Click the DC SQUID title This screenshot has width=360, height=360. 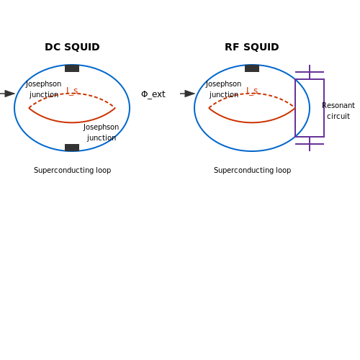72,47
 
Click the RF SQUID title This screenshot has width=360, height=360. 252,47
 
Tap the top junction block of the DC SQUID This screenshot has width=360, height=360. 72,68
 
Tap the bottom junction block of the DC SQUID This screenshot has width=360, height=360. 72,148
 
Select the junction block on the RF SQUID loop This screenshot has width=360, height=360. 252,68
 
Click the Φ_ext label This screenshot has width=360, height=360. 153,94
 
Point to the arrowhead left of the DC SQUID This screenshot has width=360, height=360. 9,94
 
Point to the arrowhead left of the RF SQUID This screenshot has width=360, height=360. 189,94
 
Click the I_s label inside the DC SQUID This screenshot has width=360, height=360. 72,91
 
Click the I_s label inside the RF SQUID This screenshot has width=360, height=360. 252,91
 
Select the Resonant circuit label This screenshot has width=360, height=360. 338,111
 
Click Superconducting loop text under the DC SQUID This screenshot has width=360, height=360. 72,170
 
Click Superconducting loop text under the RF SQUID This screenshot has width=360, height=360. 252,170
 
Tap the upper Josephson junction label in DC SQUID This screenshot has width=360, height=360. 43,89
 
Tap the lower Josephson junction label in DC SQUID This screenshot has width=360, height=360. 101,132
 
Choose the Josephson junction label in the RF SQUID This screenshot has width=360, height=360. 223,89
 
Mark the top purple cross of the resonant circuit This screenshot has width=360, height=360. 310,72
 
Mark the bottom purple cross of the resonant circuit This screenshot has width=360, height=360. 310,144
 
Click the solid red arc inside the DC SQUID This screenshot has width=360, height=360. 72,122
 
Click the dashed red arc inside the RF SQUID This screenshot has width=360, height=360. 252,94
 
